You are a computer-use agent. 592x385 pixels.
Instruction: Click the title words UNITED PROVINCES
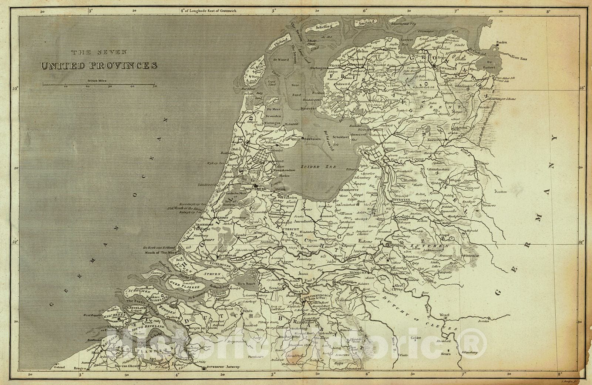99,66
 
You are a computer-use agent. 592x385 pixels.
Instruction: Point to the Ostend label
59,367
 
